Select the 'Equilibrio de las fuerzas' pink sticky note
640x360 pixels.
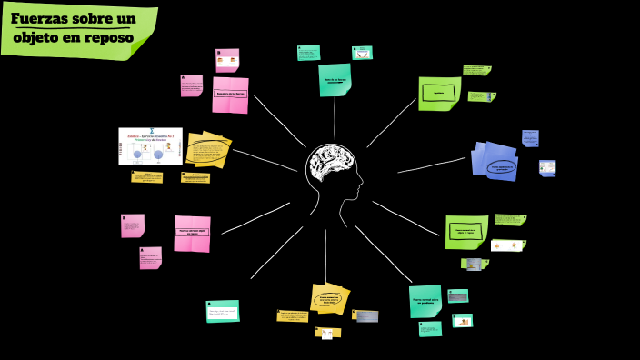[x=230, y=95]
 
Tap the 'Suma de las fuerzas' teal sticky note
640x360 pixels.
[x=335, y=80]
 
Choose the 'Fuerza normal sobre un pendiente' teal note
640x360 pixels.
[x=425, y=301]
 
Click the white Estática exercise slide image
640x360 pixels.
[x=150, y=145]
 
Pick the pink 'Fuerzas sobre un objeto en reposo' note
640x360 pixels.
[x=192, y=234]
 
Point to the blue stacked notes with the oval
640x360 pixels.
[x=495, y=161]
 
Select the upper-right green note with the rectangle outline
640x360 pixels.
[x=439, y=94]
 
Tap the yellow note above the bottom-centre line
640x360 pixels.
[x=330, y=297]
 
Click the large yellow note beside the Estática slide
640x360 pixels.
[x=208, y=151]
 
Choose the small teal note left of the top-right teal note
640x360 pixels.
[x=308, y=53]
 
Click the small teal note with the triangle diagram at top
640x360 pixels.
[x=363, y=53]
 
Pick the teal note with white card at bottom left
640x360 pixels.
[x=223, y=311]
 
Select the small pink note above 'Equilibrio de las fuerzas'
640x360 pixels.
[x=227, y=60]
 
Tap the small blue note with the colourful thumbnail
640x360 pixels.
[x=547, y=168]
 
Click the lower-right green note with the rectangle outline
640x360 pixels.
[x=466, y=232]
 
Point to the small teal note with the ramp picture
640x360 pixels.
[x=462, y=320]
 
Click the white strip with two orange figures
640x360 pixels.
[x=507, y=245]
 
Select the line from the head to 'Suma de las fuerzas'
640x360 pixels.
[x=335, y=118]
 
